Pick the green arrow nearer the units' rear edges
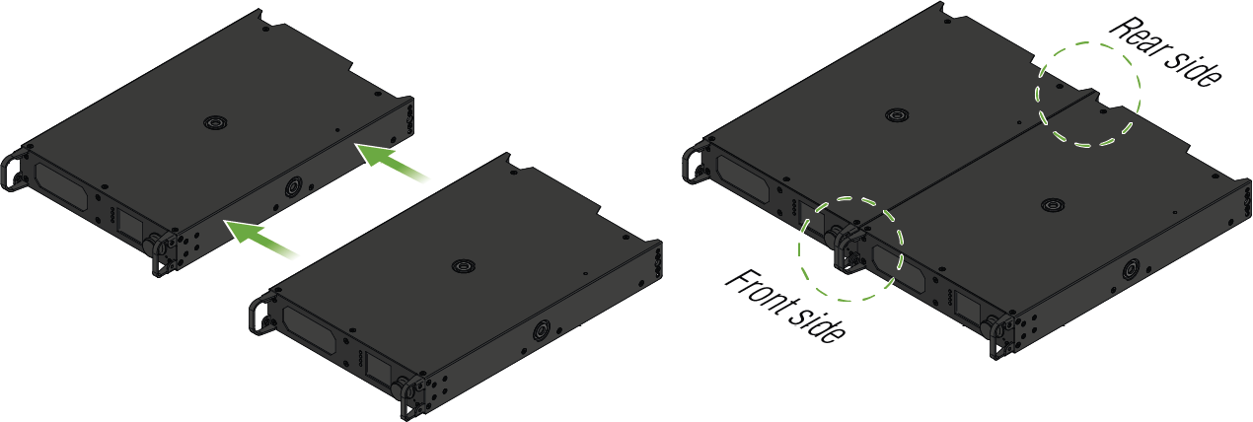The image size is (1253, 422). coord(392,162)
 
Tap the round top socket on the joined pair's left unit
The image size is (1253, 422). coord(897,115)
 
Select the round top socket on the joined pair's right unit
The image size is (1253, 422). coord(1052,204)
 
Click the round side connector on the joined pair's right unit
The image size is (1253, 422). coord(1131,270)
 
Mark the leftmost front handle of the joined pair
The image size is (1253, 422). coord(692,164)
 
